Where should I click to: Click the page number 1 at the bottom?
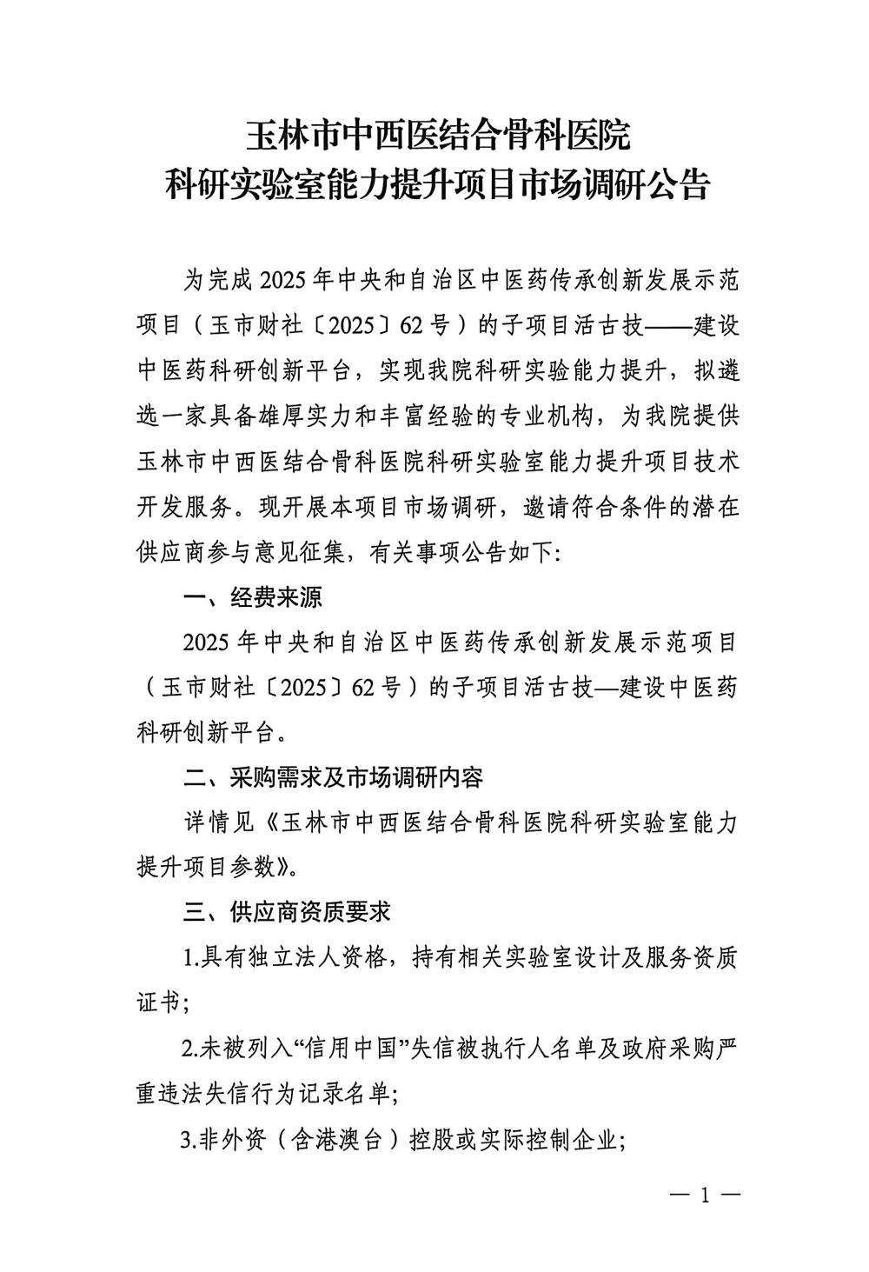705,1195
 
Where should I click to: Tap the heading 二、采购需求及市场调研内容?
334,776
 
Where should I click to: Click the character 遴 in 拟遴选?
728,371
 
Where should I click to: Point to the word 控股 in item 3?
428,1138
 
